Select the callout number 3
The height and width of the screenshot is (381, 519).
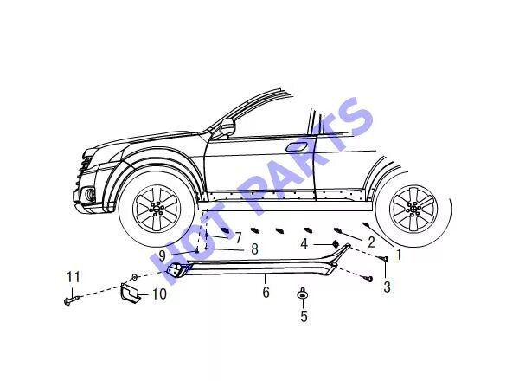[x=387, y=287]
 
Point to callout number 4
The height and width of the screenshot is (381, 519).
[x=304, y=244]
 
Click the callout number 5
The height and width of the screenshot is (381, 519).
[x=304, y=316]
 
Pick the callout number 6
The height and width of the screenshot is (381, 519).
[x=266, y=293]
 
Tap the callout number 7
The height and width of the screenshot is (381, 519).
[x=238, y=236]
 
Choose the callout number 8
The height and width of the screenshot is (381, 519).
[x=254, y=249]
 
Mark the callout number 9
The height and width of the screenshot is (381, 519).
[x=162, y=255]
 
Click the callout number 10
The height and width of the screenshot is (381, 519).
[x=159, y=294]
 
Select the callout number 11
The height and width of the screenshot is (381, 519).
[x=74, y=277]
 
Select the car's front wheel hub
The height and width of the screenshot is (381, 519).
[x=157, y=209]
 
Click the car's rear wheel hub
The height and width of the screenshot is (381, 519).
[x=413, y=208]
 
